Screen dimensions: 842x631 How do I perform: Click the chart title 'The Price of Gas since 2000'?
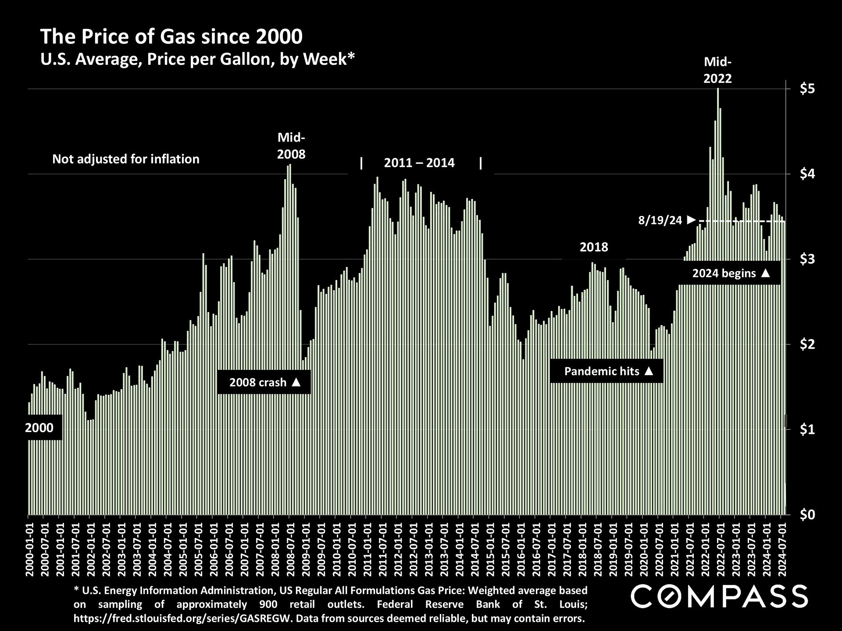[x=171, y=37]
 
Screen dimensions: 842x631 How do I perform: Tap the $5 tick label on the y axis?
[x=807, y=89]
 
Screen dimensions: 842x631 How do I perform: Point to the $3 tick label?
[x=807, y=259]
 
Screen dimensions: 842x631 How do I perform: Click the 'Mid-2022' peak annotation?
[x=717, y=70]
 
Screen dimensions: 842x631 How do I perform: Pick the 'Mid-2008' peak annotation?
[x=291, y=146]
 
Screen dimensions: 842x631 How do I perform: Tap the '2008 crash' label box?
[x=264, y=382]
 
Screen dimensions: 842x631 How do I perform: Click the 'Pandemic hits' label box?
[x=607, y=371]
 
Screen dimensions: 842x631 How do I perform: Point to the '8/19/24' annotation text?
[x=660, y=220]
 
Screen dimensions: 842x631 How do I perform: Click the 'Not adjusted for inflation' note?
[x=126, y=159]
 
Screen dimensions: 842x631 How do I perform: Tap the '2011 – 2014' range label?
[x=419, y=163]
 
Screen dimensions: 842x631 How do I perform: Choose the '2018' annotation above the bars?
[x=594, y=247]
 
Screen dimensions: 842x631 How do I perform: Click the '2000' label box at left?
[x=39, y=427]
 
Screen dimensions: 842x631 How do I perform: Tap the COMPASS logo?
[x=719, y=596]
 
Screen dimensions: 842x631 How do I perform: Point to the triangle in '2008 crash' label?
[x=296, y=382]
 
